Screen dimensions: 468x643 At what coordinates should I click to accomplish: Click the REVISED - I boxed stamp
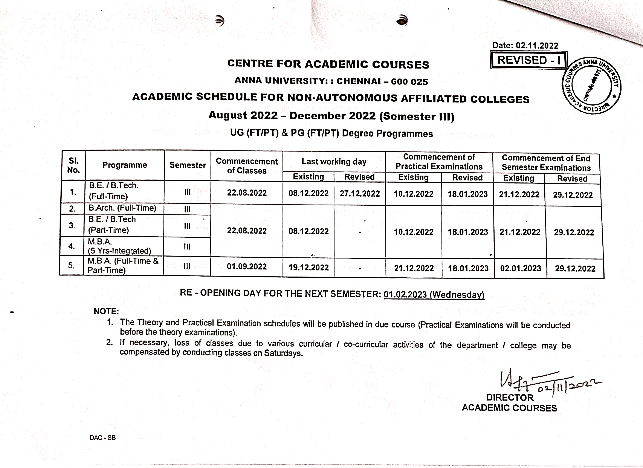[528, 60]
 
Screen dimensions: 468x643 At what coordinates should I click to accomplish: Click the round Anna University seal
[591, 86]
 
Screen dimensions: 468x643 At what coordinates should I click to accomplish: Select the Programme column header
[125, 165]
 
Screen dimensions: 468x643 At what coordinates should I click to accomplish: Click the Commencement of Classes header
[247, 166]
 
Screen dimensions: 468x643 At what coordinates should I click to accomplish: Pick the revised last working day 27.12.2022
[359, 193]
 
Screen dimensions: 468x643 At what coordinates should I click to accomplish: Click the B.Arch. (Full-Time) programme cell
[122, 208]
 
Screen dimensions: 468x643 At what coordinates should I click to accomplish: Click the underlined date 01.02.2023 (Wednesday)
[434, 294]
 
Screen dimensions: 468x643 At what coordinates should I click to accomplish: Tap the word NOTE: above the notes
[106, 311]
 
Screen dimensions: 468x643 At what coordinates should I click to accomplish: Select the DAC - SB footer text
[102, 438]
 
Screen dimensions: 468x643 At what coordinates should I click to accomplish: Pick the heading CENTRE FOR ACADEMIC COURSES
[328, 64]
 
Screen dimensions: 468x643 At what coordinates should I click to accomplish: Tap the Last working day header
[334, 162]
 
